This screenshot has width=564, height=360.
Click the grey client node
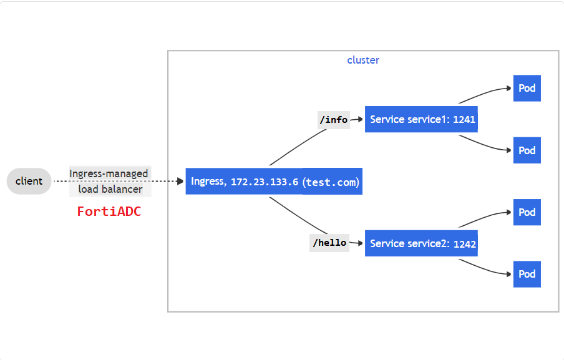pos(29,181)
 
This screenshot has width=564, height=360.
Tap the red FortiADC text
pos(109,212)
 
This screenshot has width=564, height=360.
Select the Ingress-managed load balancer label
pos(109,181)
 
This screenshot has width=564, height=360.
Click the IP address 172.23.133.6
pos(265,182)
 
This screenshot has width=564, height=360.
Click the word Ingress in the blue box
pos(207,182)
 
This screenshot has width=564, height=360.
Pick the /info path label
pos(333,119)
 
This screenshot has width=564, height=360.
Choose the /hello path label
pos(329,243)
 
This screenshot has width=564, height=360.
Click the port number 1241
pos(465,120)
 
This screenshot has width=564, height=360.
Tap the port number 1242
pos(465,244)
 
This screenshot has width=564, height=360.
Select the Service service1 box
pos(412,119)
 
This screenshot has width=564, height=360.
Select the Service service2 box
pos(412,243)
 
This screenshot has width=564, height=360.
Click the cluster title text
pos(363,61)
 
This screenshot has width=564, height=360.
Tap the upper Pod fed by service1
pos(527,88)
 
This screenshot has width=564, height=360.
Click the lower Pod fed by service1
pos(527,150)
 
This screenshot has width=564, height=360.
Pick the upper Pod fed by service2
pos(527,212)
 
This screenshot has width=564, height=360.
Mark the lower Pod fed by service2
pos(527,274)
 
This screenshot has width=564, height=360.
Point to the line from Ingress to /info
pos(290,147)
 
